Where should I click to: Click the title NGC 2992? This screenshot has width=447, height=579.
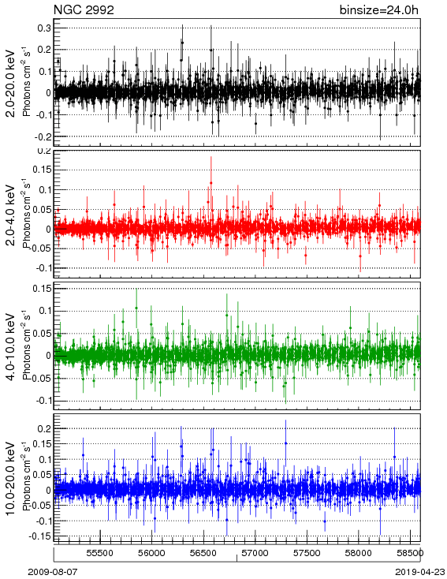point(84,10)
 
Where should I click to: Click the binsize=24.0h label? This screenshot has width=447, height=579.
point(379,10)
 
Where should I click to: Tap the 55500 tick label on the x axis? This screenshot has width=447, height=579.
point(99,553)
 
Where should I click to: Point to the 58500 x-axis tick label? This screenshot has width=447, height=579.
point(410,553)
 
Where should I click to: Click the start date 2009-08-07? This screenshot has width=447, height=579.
point(53,572)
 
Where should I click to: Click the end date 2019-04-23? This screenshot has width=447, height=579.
point(420,572)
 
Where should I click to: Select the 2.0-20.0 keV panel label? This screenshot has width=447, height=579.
point(12,83)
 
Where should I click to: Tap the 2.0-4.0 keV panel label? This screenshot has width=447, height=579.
point(12,215)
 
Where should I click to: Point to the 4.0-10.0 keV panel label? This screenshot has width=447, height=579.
point(12,347)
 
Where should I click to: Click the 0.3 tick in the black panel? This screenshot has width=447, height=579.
point(44,28)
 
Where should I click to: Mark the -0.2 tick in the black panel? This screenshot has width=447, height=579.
point(43,136)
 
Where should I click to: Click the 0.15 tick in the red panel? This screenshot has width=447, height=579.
point(42,170)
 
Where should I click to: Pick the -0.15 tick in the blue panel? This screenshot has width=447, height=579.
point(40,536)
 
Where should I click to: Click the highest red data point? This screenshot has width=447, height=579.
point(211,183)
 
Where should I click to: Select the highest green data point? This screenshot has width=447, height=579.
point(136,308)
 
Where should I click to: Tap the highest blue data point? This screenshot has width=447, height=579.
point(285,443)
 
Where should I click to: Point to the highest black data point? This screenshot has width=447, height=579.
point(182,43)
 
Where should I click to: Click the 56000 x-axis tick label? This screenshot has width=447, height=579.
point(151,553)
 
